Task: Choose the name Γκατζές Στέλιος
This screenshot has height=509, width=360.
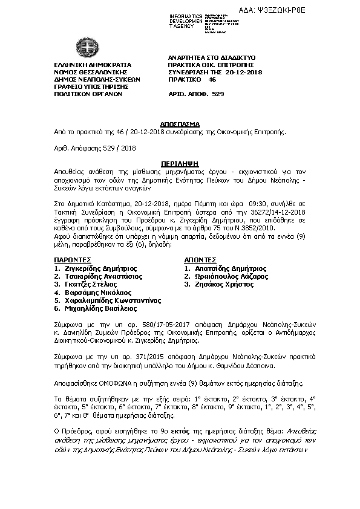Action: point(91,284)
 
